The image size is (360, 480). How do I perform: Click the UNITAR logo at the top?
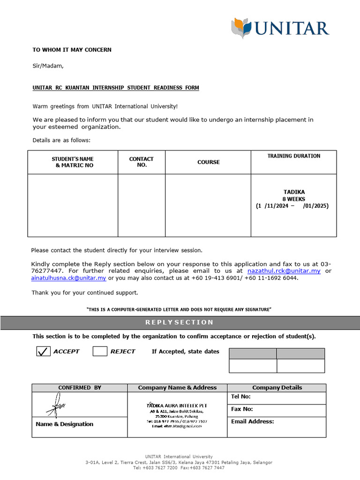(x=280, y=28)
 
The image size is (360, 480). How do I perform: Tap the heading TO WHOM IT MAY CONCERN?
(x=72, y=50)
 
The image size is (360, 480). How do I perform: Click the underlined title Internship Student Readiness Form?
(x=116, y=88)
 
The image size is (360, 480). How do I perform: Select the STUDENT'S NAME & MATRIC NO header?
(x=73, y=162)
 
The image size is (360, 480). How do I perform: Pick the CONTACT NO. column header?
(x=141, y=162)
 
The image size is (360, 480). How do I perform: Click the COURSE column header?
(x=208, y=162)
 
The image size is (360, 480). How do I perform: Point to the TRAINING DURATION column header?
(x=294, y=156)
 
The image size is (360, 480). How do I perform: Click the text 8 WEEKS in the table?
(x=294, y=199)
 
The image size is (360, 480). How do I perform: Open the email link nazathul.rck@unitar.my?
(x=284, y=271)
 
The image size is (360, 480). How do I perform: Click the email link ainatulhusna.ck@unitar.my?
(x=69, y=278)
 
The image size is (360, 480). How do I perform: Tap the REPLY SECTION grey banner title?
(x=180, y=322)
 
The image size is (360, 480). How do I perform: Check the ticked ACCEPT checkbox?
(x=44, y=351)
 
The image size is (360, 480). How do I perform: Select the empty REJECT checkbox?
(x=100, y=351)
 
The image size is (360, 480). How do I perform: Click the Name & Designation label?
(x=64, y=424)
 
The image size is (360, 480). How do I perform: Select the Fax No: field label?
(x=242, y=409)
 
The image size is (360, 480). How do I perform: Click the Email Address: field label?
(x=252, y=421)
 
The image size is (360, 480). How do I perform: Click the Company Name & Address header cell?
(x=177, y=388)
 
